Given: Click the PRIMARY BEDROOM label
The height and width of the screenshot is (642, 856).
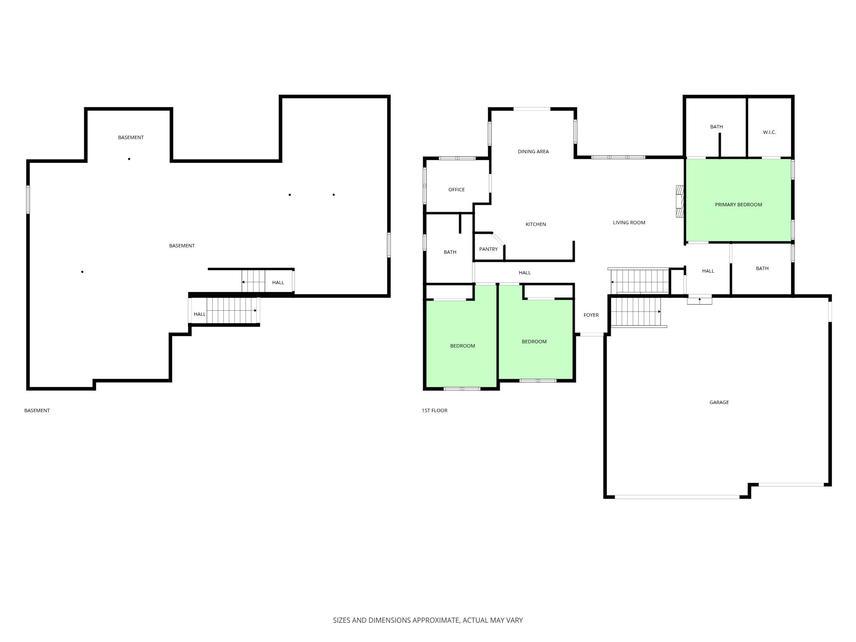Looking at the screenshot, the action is click(x=738, y=205).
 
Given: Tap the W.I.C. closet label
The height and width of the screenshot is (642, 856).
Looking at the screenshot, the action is click(x=769, y=132).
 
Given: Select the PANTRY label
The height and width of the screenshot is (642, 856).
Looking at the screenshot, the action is click(x=488, y=249).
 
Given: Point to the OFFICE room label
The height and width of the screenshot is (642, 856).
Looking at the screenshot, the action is click(x=456, y=190).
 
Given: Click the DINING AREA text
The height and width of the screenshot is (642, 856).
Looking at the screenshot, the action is click(x=533, y=152).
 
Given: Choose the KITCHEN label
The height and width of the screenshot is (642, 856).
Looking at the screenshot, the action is click(x=535, y=224).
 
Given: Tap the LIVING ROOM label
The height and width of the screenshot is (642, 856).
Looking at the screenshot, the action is click(x=629, y=223).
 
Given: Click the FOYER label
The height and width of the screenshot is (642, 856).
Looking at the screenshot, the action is click(x=591, y=315).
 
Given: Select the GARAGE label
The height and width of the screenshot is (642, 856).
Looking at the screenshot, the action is click(x=719, y=402).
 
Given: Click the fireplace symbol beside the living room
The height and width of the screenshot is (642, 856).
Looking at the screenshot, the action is click(x=679, y=202).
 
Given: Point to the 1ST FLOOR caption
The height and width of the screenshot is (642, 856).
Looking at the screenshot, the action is click(x=434, y=410).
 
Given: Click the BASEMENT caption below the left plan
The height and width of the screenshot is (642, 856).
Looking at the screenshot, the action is click(x=37, y=410).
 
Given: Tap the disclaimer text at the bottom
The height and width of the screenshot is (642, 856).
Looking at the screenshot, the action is click(x=428, y=620).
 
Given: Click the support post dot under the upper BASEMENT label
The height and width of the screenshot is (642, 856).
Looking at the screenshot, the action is click(x=129, y=159).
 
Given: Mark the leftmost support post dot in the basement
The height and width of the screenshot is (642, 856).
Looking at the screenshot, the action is click(x=82, y=272).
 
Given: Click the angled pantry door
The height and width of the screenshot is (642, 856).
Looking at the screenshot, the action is click(x=498, y=239).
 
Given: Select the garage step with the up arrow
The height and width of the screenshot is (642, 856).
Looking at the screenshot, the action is click(x=700, y=300).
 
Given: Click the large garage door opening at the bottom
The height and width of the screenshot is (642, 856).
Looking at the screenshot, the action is click(x=677, y=497).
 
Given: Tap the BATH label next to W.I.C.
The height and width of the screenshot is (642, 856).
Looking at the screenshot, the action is click(x=716, y=127).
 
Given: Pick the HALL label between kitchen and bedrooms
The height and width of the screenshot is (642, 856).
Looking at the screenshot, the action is click(x=525, y=273).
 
